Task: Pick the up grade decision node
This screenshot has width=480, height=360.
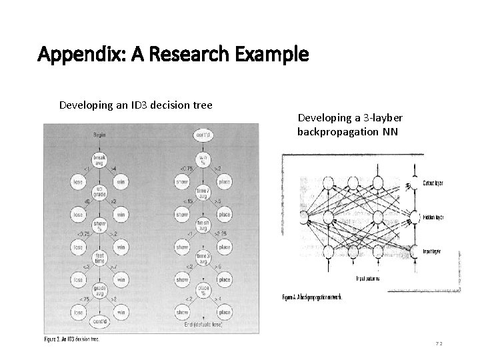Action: tap(99, 192)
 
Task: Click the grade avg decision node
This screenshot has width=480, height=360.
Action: tap(99, 288)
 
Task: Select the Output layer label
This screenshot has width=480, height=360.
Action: tap(433, 183)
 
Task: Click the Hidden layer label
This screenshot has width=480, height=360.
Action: tap(433, 217)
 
